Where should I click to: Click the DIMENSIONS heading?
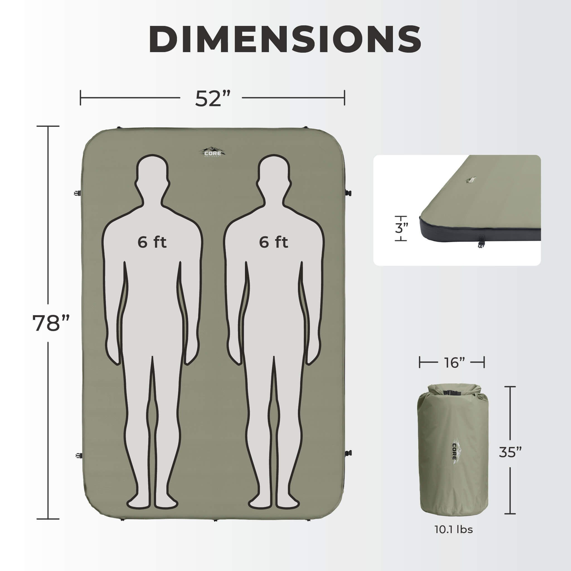click(x=285, y=39)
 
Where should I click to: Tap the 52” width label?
click(x=213, y=98)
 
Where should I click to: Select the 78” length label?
click(x=51, y=323)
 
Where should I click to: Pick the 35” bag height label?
click(x=511, y=452)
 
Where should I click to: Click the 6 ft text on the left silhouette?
click(x=152, y=242)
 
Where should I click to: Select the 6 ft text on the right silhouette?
click(x=273, y=242)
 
